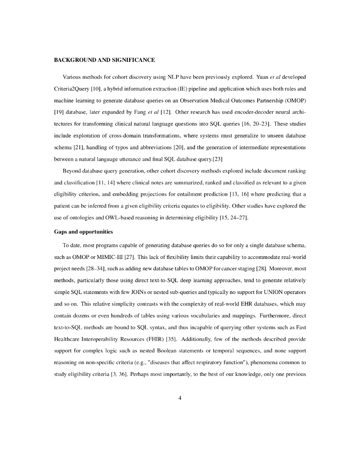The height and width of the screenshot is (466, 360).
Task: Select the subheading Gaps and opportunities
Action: [83, 232]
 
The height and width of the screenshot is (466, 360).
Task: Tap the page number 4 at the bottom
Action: [180, 398]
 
